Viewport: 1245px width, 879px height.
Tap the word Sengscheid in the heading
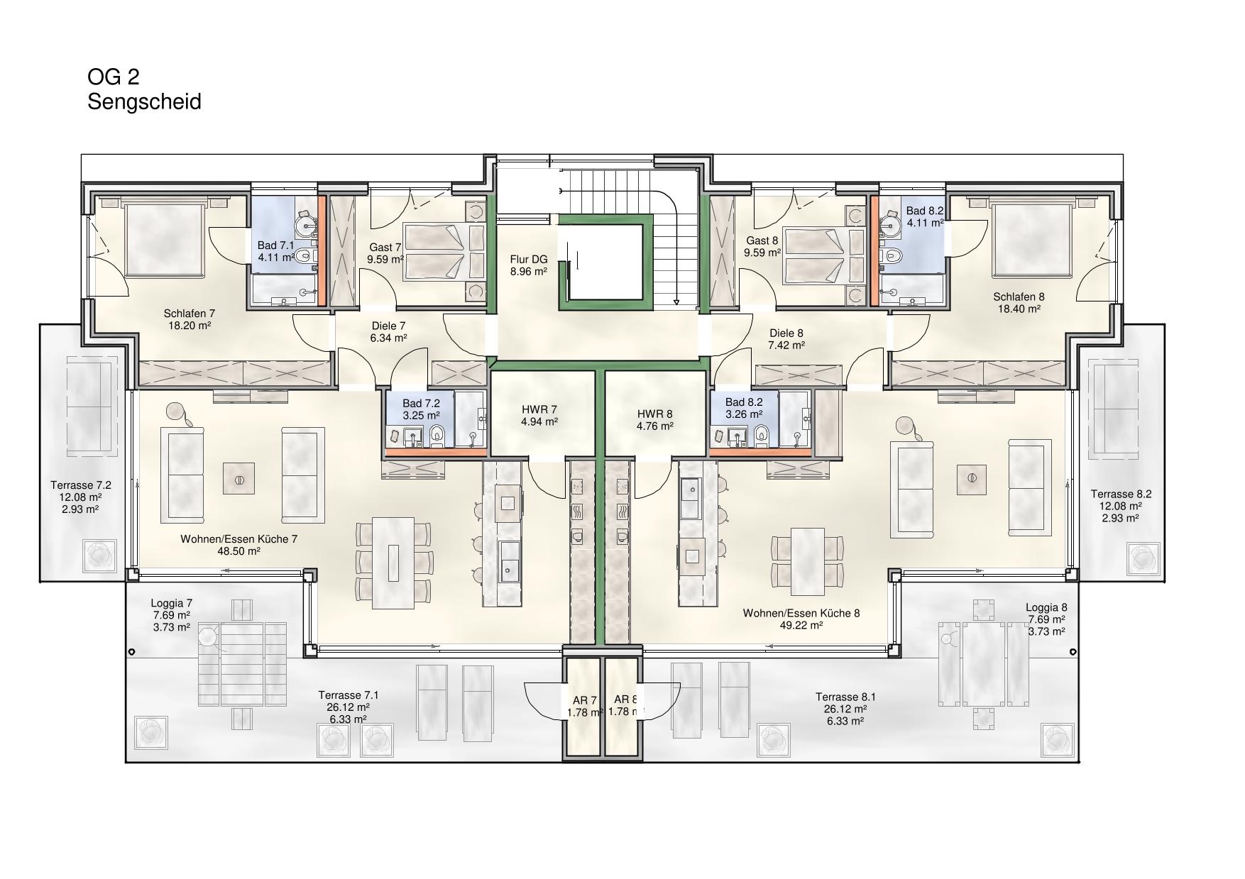click(x=144, y=102)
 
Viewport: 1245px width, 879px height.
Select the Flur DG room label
click(x=529, y=260)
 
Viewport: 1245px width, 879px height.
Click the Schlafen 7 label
click(x=190, y=314)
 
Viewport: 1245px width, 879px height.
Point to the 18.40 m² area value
click(x=1019, y=309)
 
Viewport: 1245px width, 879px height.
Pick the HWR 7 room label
click(x=539, y=409)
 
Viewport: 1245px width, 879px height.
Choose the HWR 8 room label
click(x=654, y=414)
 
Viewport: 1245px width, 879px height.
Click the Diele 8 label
click(x=786, y=333)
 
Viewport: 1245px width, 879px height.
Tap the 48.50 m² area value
click(x=239, y=551)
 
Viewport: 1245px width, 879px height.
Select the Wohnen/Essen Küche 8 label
click(x=801, y=613)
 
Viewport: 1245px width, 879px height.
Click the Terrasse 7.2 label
click(x=81, y=485)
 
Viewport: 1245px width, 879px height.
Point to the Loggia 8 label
click(x=1046, y=607)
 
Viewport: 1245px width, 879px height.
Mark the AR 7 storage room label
click(x=584, y=700)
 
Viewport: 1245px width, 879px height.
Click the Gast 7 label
click(x=385, y=248)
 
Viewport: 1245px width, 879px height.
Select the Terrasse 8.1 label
click(x=845, y=697)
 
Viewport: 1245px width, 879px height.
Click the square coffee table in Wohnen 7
click(x=239, y=479)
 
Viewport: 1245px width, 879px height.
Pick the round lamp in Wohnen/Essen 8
click(x=905, y=426)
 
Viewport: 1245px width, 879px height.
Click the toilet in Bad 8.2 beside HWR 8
click(x=762, y=434)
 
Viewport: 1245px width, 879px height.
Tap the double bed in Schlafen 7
click(x=165, y=239)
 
